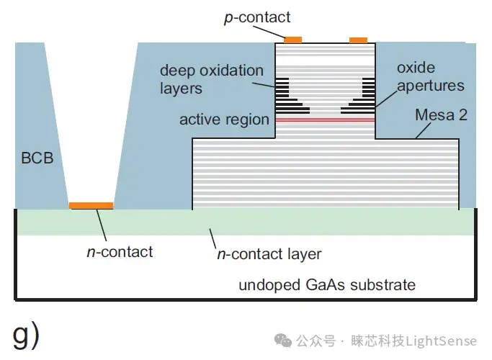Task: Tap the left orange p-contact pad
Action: coord(294,39)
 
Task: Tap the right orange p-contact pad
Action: coord(358,40)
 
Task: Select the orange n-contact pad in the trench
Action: coord(91,205)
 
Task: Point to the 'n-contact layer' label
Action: coord(269,253)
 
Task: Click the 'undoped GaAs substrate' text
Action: coord(327,284)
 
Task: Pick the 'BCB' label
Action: coord(37,158)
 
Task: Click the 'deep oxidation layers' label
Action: coord(211,79)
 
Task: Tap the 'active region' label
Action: coord(224,119)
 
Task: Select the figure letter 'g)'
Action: coord(27,334)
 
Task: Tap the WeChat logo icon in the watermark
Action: coord(286,340)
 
